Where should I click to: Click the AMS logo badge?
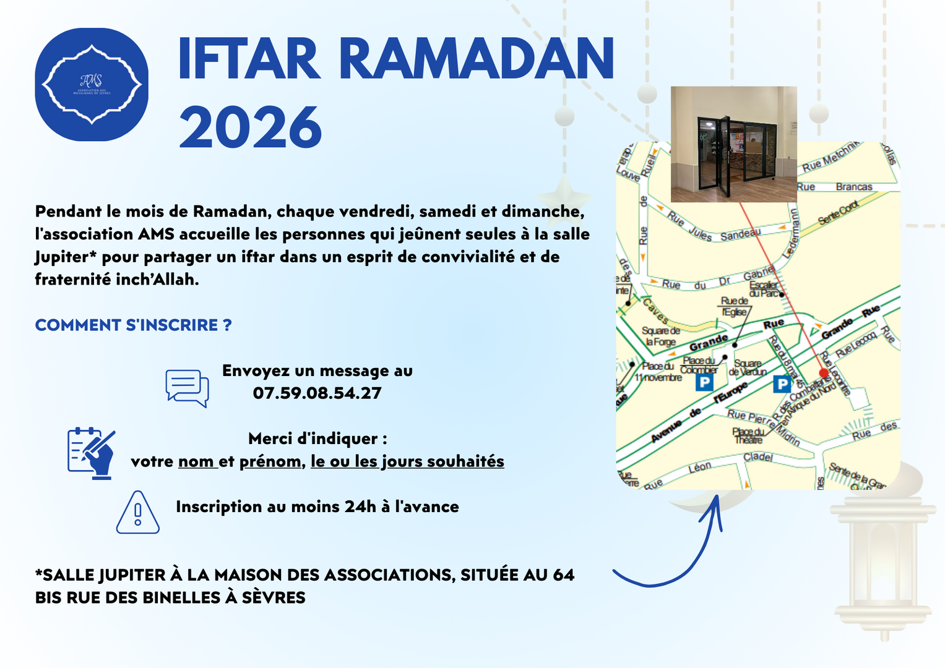92,85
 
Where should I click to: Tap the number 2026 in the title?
250,127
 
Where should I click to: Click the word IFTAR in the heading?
249,59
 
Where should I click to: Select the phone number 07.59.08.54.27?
317,393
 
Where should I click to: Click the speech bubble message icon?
187,388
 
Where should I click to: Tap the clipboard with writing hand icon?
92,452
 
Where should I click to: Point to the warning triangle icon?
138,513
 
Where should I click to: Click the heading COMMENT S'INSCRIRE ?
133,325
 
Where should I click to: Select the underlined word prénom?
270,461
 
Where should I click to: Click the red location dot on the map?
824,373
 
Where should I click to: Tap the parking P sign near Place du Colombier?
704,382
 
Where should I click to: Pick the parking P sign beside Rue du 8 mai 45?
782,384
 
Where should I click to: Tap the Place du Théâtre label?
748,435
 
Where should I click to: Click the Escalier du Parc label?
764,289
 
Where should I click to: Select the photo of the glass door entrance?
733,144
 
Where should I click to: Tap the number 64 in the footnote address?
563,575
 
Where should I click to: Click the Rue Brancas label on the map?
835,187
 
